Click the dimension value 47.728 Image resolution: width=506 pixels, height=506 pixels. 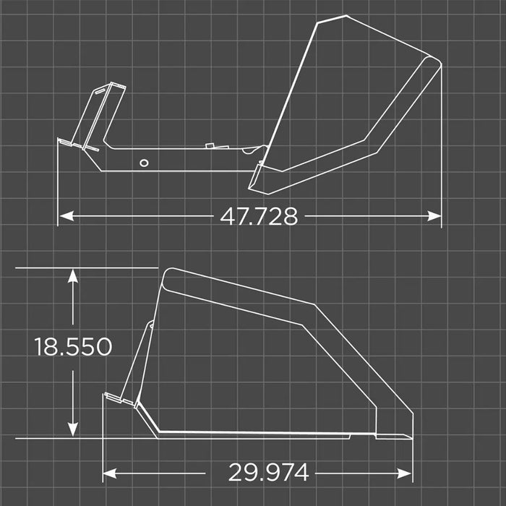(x=259, y=216)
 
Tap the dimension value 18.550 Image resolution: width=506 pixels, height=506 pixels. (x=73, y=347)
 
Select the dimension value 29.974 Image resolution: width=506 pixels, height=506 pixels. (x=269, y=473)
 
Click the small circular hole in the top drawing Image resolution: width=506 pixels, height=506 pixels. (x=145, y=162)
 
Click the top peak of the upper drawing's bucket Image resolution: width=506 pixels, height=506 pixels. (x=320, y=20)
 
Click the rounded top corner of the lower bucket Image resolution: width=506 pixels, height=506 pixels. (x=168, y=273)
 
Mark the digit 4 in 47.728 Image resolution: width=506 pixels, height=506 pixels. (x=228, y=216)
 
